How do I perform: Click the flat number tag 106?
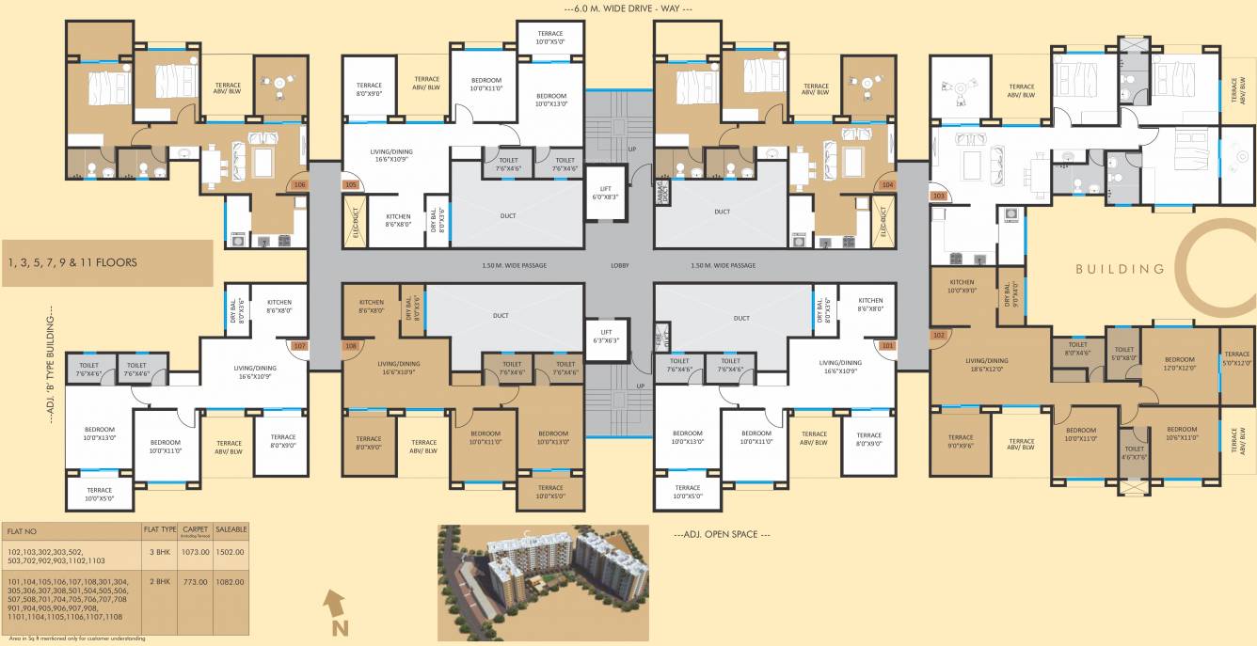(x=299, y=185)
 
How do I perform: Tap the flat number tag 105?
(x=351, y=185)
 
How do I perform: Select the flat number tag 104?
(x=886, y=185)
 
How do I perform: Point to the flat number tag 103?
(x=938, y=196)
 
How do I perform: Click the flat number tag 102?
(x=938, y=335)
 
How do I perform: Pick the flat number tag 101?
(x=886, y=345)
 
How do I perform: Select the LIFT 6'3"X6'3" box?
(x=606, y=336)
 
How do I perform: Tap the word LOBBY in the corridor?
(x=619, y=265)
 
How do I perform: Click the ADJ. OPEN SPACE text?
(x=722, y=534)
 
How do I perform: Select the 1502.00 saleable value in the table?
(x=231, y=552)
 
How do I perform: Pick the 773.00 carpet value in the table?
(x=195, y=582)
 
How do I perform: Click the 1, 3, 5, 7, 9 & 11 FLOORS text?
(x=73, y=262)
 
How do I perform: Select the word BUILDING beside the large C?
(x=1121, y=269)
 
